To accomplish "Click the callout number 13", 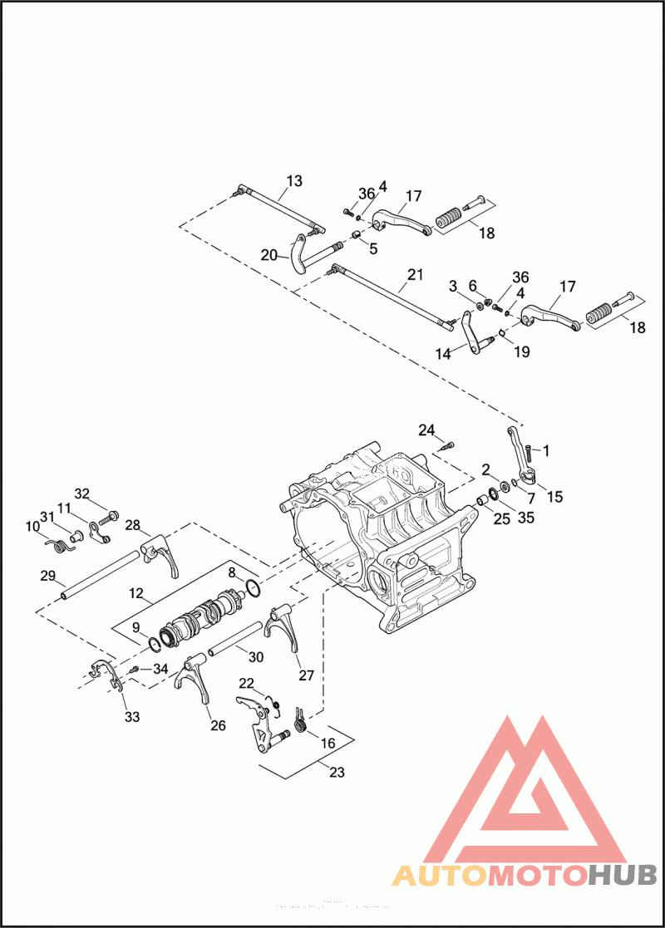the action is point(294,180).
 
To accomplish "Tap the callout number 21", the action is point(416,274).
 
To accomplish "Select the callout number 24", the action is point(426,430).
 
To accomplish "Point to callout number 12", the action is point(138,595).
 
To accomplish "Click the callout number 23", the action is point(337,773).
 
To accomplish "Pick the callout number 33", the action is point(132,716).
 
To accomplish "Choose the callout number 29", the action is point(47,575).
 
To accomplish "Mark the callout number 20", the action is point(268,255).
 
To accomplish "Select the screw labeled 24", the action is point(446,446).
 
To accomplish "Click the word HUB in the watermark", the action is point(623,875).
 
